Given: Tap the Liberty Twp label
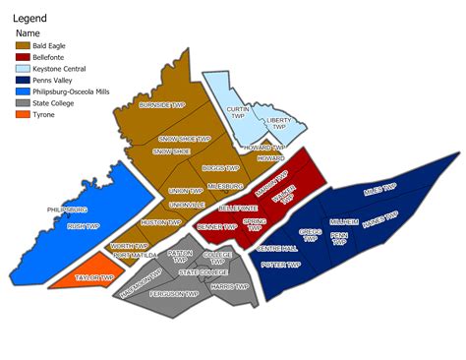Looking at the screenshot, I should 279,124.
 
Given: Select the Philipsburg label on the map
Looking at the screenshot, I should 68,210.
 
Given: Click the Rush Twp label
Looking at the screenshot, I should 83,226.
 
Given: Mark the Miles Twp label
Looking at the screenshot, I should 379,187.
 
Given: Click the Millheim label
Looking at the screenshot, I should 344,222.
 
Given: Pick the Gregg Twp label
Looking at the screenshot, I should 311,237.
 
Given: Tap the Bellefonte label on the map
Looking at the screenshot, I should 237,209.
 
